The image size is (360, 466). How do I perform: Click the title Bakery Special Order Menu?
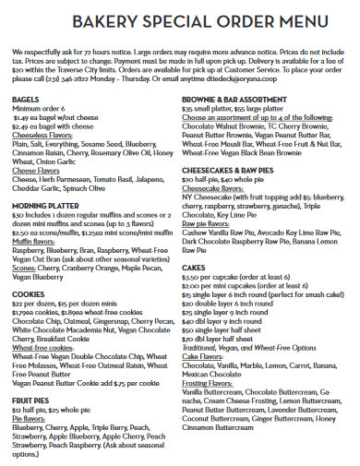(180, 21)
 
